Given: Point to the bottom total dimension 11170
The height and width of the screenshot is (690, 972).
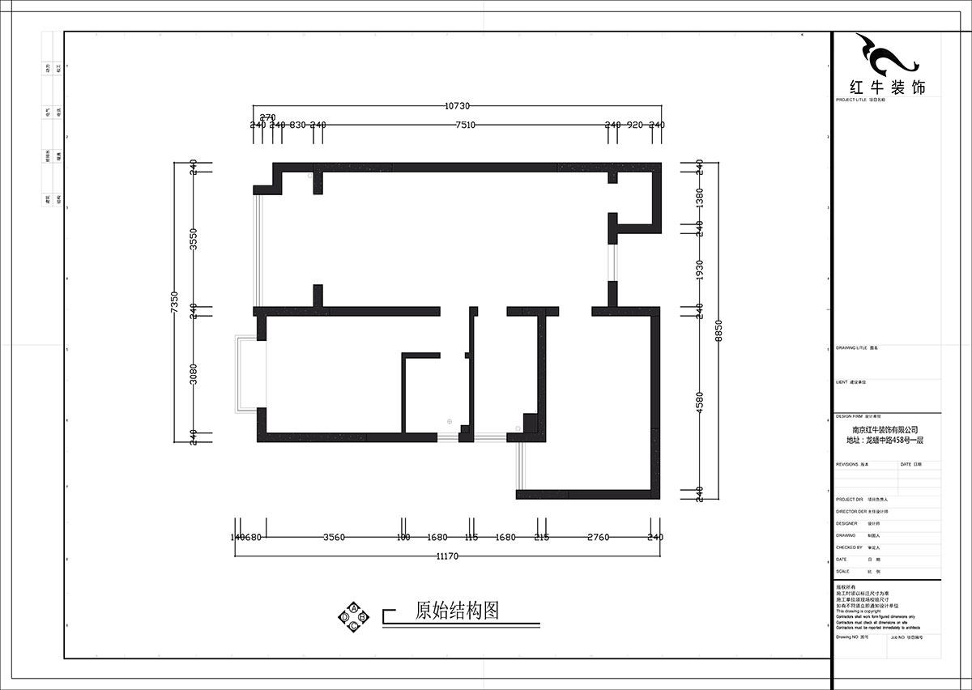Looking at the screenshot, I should pos(448,556).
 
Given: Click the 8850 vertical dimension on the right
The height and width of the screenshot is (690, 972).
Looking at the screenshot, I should pos(718,332).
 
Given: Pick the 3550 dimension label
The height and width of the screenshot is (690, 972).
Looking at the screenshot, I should pos(194,240).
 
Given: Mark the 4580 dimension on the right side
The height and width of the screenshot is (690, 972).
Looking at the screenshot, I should pos(699,402).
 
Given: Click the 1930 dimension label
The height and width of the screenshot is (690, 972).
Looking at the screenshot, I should pos(699,270).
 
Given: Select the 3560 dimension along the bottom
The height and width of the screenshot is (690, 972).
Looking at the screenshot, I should pos(335,537).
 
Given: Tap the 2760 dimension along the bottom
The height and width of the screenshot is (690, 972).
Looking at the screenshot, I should pos(598,537).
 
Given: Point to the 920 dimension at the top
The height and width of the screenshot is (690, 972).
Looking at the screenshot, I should pos(635,125).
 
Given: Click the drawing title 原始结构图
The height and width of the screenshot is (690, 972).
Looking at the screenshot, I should pos(456,610).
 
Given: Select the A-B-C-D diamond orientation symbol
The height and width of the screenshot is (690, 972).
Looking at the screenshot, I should pos(354,616).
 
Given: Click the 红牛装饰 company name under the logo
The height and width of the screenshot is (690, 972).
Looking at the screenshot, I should pos(886,87).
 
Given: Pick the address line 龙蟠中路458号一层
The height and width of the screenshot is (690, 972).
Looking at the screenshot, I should pos(885,441).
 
